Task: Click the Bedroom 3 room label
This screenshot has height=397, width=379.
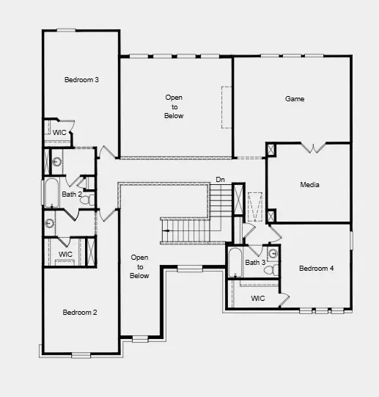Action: pyautogui.click(x=81, y=79)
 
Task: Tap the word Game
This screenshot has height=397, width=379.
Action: pyautogui.click(x=294, y=98)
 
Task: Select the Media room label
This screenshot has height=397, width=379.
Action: pyautogui.click(x=309, y=185)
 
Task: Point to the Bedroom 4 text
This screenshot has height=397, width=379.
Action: pyautogui.click(x=316, y=269)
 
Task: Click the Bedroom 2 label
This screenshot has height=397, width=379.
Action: pyautogui.click(x=79, y=313)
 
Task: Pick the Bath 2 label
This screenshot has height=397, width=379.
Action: pyautogui.click(x=72, y=194)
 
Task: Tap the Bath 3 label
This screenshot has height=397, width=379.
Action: pyautogui.click(x=254, y=262)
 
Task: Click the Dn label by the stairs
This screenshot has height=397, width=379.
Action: pyautogui.click(x=220, y=180)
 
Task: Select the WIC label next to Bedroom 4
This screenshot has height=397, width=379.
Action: pyautogui.click(x=257, y=299)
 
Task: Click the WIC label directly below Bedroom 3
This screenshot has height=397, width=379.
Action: pyautogui.click(x=59, y=132)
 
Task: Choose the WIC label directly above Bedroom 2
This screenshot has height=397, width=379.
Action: pyautogui.click(x=65, y=254)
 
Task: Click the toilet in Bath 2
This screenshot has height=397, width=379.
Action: pyautogui.click(x=84, y=199)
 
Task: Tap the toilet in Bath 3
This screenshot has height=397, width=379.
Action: pyautogui.click(x=268, y=270)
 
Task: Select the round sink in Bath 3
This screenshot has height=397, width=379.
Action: pyautogui.click(x=272, y=254)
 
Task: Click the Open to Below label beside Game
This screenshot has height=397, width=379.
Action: pyautogui.click(x=174, y=106)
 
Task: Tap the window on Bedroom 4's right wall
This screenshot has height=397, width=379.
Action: pyautogui.click(x=351, y=239)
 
